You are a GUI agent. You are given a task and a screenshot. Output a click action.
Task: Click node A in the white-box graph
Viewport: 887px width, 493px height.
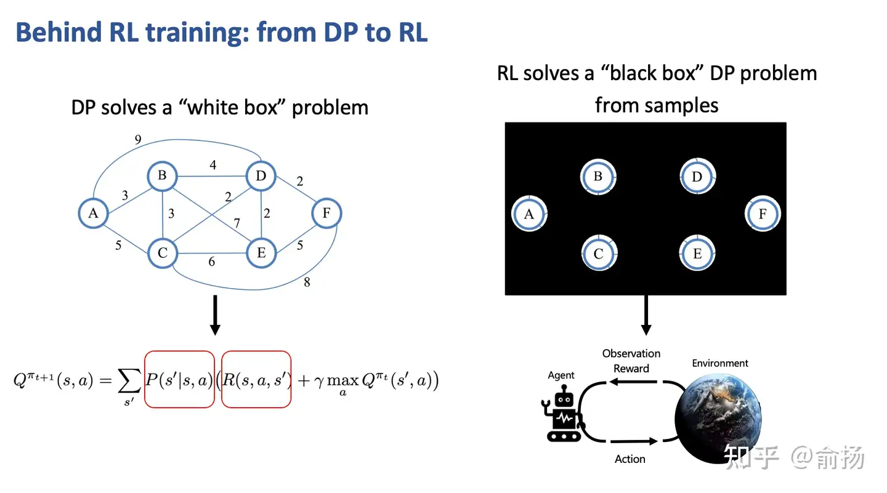coord(93,213)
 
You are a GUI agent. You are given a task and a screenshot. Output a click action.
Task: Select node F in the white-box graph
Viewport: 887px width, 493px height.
coord(326,213)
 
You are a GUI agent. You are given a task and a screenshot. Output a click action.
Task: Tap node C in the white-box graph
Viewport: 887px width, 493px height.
coord(163,253)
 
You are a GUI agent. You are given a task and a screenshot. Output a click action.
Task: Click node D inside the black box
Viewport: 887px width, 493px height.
coord(697,177)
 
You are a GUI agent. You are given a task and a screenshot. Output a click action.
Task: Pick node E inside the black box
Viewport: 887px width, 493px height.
coord(697,253)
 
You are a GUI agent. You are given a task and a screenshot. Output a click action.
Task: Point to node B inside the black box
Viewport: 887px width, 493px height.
coord(598,177)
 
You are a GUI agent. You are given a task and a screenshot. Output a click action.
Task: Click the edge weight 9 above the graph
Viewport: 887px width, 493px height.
coord(138,139)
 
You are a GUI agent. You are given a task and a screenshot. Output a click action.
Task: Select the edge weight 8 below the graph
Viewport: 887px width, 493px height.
coord(307,282)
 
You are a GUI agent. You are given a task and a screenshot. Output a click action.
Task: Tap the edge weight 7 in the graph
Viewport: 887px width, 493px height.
coord(237,223)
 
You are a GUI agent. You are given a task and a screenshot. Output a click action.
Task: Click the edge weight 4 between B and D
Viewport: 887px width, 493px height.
coord(213,165)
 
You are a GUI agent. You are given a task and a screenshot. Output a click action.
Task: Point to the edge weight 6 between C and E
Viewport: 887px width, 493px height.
coord(212,262)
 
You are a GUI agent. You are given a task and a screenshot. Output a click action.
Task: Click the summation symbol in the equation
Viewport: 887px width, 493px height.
coord(129,380)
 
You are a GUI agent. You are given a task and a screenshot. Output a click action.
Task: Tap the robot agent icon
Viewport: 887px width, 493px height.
coord(563,414)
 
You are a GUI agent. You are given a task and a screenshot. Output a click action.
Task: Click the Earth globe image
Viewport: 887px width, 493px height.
coord(718,419)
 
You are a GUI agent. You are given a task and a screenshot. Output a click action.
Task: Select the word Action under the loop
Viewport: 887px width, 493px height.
coord(630,459)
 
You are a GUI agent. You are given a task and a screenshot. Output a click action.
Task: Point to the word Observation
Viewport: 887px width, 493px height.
coord(631,353)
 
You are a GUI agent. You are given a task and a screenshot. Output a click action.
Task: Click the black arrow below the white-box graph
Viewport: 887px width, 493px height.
coord(215,315)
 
